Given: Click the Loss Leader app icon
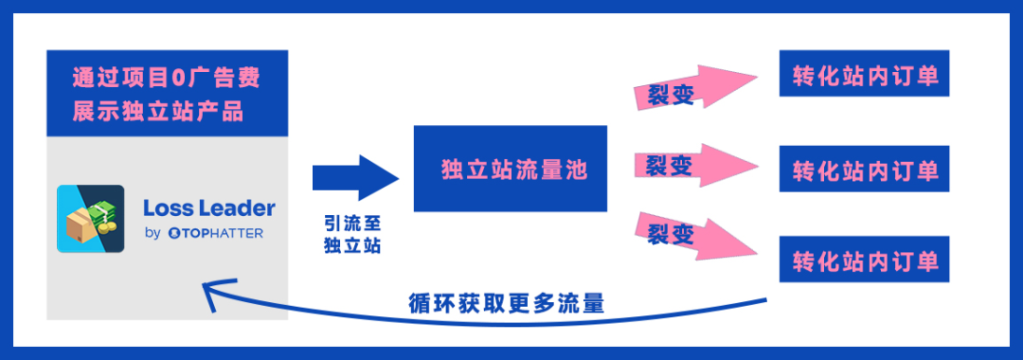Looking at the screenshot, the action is coord(91,218).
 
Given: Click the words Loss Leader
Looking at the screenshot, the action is coord(208,207).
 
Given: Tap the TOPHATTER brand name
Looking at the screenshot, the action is coord(215,233).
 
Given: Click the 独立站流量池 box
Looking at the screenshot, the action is coord(511,169).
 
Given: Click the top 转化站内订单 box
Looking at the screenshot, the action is coord(865,73).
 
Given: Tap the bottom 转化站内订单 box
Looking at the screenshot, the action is coord(865,260).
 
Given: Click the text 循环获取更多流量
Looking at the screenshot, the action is coord(507,304).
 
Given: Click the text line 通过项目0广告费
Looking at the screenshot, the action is coord(167,78).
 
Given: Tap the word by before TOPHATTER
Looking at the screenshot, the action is coord(152,234).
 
